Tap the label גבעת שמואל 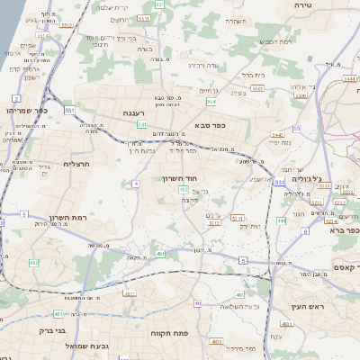click(85, 346)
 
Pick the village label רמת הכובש click(275, 41)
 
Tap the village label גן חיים click(209, 90)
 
